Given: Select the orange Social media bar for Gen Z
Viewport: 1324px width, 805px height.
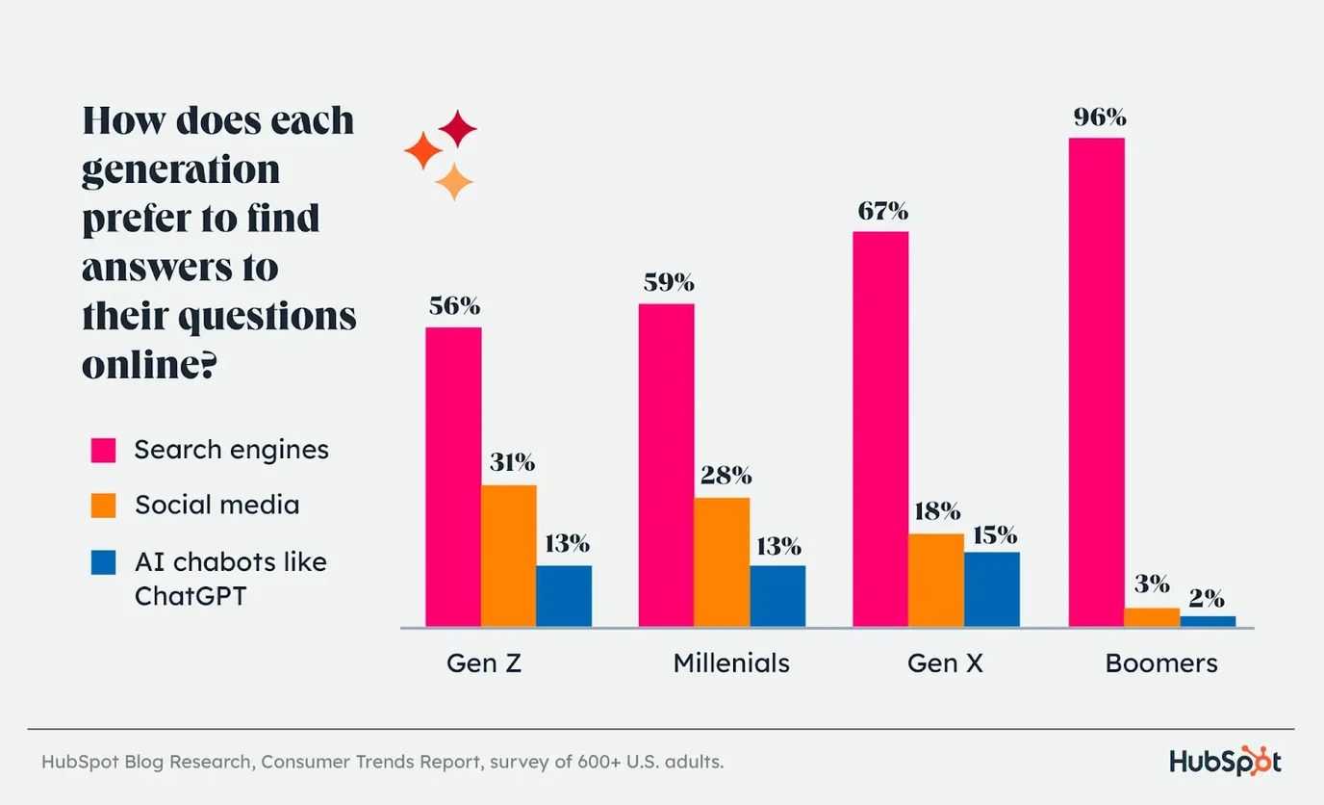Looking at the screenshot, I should [509, 556].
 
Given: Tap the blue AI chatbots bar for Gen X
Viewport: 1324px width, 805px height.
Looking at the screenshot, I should [991, 589].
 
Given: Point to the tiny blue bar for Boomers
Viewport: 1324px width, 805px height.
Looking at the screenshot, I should [1208, 621].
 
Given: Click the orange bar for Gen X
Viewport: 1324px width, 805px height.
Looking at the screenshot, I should [935, 580].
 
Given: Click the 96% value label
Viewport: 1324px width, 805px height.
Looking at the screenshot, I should [1100, 118].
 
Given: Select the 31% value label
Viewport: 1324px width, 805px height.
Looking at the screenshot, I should [511, 463].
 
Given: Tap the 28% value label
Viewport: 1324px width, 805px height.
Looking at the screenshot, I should [726, 476].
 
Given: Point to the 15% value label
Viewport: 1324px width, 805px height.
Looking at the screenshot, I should [994, 535].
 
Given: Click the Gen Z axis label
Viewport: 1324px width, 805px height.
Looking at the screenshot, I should [483, 663].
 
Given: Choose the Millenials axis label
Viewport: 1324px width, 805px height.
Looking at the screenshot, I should [731, 663].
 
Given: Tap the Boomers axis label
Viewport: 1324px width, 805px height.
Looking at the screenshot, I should [1161, 663].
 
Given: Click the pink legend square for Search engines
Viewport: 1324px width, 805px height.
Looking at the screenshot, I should [103, 451].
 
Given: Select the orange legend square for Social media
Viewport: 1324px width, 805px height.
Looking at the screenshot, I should [103, 506].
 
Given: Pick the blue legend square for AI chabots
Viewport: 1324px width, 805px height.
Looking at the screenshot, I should [103, 562].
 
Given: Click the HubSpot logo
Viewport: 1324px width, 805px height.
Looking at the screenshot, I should [1225, 762].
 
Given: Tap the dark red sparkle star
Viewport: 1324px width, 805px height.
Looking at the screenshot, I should [457, 129].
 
